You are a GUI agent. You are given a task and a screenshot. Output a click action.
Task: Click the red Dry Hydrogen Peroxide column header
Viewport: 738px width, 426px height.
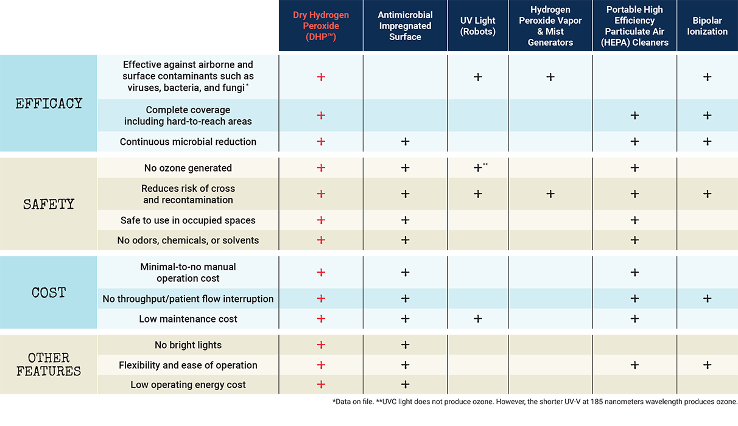click(321, 26)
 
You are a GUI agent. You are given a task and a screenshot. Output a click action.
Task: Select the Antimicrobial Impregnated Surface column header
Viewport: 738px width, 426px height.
click(405, 26)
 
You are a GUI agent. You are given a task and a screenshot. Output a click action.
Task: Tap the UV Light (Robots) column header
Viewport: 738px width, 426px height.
click(478, 26)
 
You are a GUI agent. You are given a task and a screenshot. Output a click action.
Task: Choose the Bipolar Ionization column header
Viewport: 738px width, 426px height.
click(707, 26)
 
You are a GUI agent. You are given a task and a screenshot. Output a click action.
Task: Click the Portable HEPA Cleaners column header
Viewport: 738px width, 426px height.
click(634, 26)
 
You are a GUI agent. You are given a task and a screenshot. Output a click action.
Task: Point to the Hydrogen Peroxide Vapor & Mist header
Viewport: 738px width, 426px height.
click(550, 26)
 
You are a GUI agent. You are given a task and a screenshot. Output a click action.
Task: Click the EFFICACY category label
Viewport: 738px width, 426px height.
click(49, 103)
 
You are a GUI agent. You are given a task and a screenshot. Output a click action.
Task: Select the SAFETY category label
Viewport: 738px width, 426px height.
click(49, 204)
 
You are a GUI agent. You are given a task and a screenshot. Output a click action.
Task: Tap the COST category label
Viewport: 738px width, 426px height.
click(49, 293)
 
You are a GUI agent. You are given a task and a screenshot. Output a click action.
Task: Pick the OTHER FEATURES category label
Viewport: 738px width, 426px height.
click(49, 364)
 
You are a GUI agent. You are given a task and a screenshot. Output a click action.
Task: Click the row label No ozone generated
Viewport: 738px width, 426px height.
click(188, 168)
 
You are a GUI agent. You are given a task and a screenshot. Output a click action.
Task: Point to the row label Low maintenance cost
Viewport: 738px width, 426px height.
click(188, 319)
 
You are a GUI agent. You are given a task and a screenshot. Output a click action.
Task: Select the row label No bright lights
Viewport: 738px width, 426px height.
click(188, 345)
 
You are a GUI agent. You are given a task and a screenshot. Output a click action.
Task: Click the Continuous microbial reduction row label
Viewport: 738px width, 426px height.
click(188, 142)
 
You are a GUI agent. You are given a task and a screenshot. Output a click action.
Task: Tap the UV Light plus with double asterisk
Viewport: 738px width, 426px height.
click(479, 168)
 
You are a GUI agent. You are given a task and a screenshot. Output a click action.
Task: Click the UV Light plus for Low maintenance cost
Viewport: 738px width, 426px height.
click(478, 319)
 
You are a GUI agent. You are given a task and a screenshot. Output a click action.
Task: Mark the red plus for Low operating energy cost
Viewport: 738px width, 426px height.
click(321, 385)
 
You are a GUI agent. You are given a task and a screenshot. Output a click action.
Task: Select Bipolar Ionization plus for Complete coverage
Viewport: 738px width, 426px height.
click(707, 116)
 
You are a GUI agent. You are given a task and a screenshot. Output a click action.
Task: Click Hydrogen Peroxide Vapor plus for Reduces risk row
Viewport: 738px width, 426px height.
click(550, 194)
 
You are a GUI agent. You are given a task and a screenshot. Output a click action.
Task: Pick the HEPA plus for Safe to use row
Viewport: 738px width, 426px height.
click(634, 220)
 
